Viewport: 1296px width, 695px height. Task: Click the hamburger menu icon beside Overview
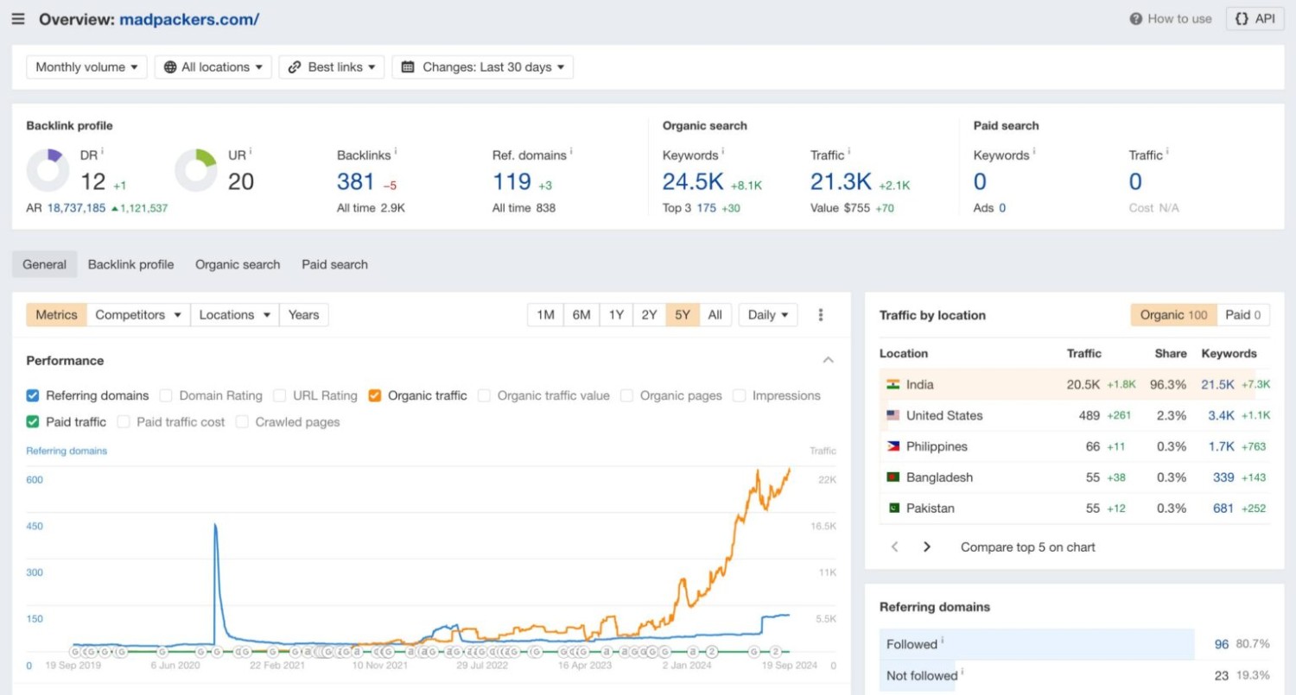point(18,19)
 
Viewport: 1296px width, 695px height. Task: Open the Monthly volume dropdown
point(86,67)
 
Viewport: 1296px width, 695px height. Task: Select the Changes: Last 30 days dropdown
point(483,67)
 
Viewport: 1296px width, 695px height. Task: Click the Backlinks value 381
point(355,182)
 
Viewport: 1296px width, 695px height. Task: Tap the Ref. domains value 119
point(511,182)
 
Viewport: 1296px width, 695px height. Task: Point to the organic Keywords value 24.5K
point(693,182)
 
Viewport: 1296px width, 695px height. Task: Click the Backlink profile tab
point(130,265)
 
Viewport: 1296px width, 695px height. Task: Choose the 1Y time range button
point(615,315)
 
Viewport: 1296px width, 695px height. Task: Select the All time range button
point(715,315)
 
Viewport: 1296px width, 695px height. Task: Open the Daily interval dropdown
point(767,315)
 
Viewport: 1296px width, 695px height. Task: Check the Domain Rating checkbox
point(166,396)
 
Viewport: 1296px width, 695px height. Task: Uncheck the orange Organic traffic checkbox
point(374,396)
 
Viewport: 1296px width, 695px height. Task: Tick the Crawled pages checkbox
point(242,422)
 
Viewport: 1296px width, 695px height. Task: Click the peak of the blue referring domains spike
point(214,525)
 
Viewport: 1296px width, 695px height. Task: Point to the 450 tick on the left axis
point(35,527)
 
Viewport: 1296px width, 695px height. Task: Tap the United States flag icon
point(893,415)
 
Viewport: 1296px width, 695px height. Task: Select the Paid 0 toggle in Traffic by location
point(1243,315)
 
